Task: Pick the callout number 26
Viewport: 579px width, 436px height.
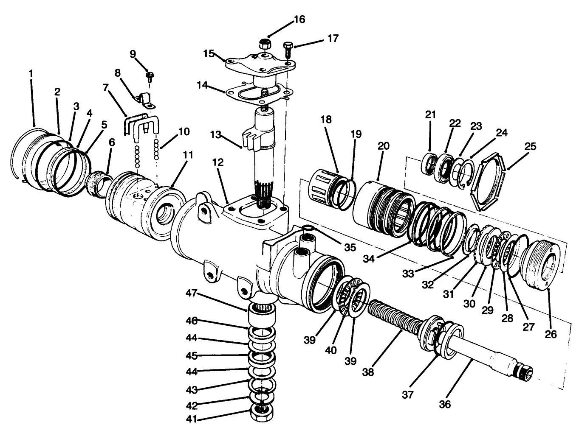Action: (551, 334)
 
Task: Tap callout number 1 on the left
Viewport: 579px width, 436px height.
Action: (31, 73)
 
